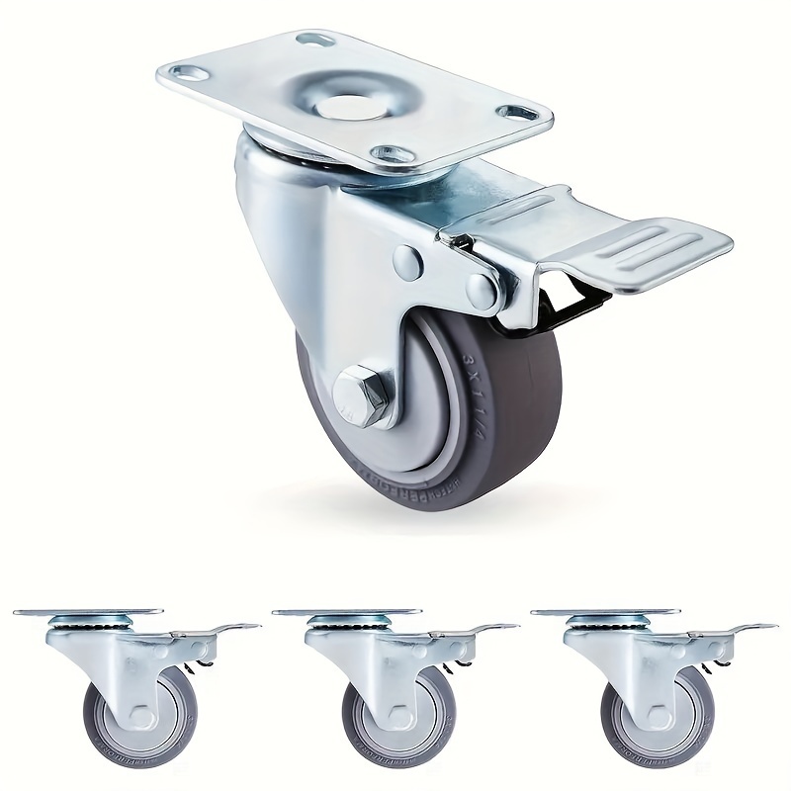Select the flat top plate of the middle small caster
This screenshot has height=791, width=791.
click(x=346, y=612)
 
